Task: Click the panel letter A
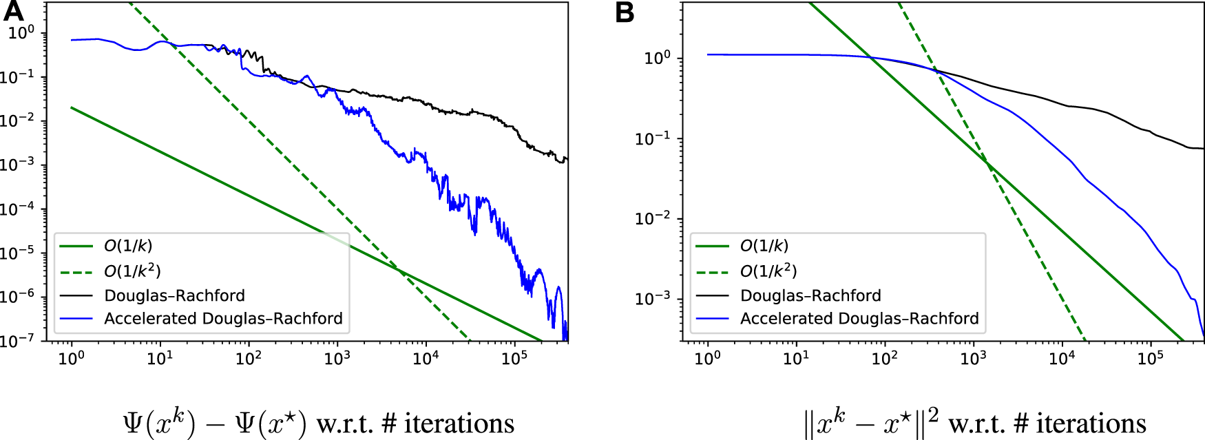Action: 13,12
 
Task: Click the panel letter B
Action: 625,12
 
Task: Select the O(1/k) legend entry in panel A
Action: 128,246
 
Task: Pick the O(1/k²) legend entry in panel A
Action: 132,271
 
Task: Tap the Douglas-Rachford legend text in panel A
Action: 174,295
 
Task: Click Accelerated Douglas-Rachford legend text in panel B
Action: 859,318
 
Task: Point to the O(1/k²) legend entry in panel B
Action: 768,271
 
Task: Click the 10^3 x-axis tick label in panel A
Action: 337,358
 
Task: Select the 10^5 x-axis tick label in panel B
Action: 1150,358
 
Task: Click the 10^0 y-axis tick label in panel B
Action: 657,59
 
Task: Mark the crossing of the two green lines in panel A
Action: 401,272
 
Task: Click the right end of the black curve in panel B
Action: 1202,148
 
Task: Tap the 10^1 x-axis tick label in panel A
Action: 160,358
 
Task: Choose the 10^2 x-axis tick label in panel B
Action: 885,358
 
